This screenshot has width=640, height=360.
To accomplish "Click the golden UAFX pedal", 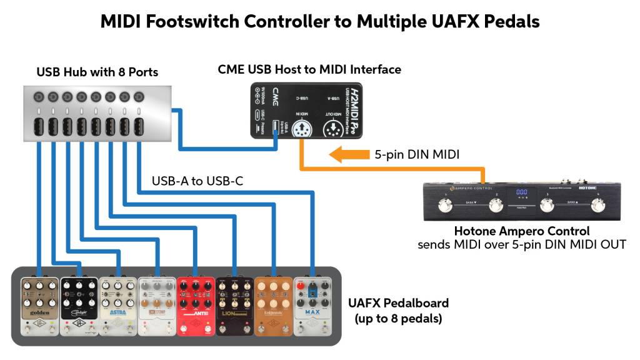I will (39, 306).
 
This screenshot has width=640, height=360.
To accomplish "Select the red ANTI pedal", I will (196, 306).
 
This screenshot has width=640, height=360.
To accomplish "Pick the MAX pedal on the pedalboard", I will (312, 306).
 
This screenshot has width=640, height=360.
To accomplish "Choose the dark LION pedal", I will (235, 306).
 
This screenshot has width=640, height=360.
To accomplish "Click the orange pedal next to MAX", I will (274, 306).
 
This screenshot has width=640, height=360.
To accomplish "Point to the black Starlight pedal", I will (79, 306).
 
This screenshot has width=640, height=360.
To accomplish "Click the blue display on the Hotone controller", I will (521, 193).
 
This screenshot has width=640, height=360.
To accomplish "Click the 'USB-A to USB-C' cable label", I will (197, 181).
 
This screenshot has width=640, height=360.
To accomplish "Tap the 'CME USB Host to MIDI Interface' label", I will (309, 69).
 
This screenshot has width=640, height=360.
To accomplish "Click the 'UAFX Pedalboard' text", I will (398, 303).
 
